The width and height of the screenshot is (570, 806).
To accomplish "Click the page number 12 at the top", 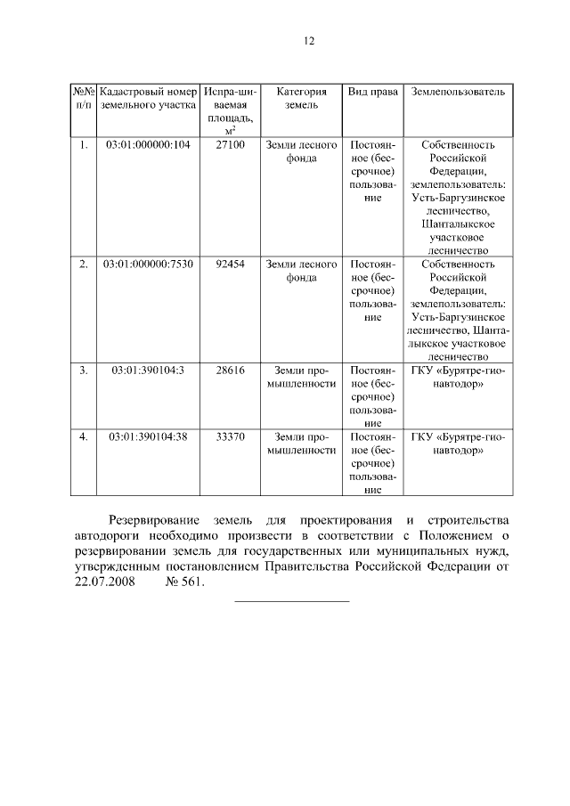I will click(309, 41).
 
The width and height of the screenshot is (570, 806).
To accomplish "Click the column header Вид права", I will click(372, 92).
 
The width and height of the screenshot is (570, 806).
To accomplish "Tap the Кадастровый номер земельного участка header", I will click(148, 98).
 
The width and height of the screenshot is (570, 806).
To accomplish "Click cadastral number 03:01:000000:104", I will click(148, 144).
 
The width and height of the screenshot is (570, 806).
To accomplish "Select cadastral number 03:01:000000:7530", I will click(148, 265).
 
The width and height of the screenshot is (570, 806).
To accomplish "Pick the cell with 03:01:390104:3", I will click(148, 370).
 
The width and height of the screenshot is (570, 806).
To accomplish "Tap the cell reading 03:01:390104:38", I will click(148, 436).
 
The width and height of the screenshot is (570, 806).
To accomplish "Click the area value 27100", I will click(230, 144).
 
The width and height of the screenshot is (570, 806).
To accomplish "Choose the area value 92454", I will click(230, 265).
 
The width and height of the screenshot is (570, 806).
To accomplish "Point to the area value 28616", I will click(230, 370).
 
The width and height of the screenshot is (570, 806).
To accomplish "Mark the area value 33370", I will click(230, 436).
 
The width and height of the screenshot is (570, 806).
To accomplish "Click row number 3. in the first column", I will click(83, 370).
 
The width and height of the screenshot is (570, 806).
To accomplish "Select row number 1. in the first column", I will click(83, 144).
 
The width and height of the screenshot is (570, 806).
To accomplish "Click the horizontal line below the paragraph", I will click(291, 601).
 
